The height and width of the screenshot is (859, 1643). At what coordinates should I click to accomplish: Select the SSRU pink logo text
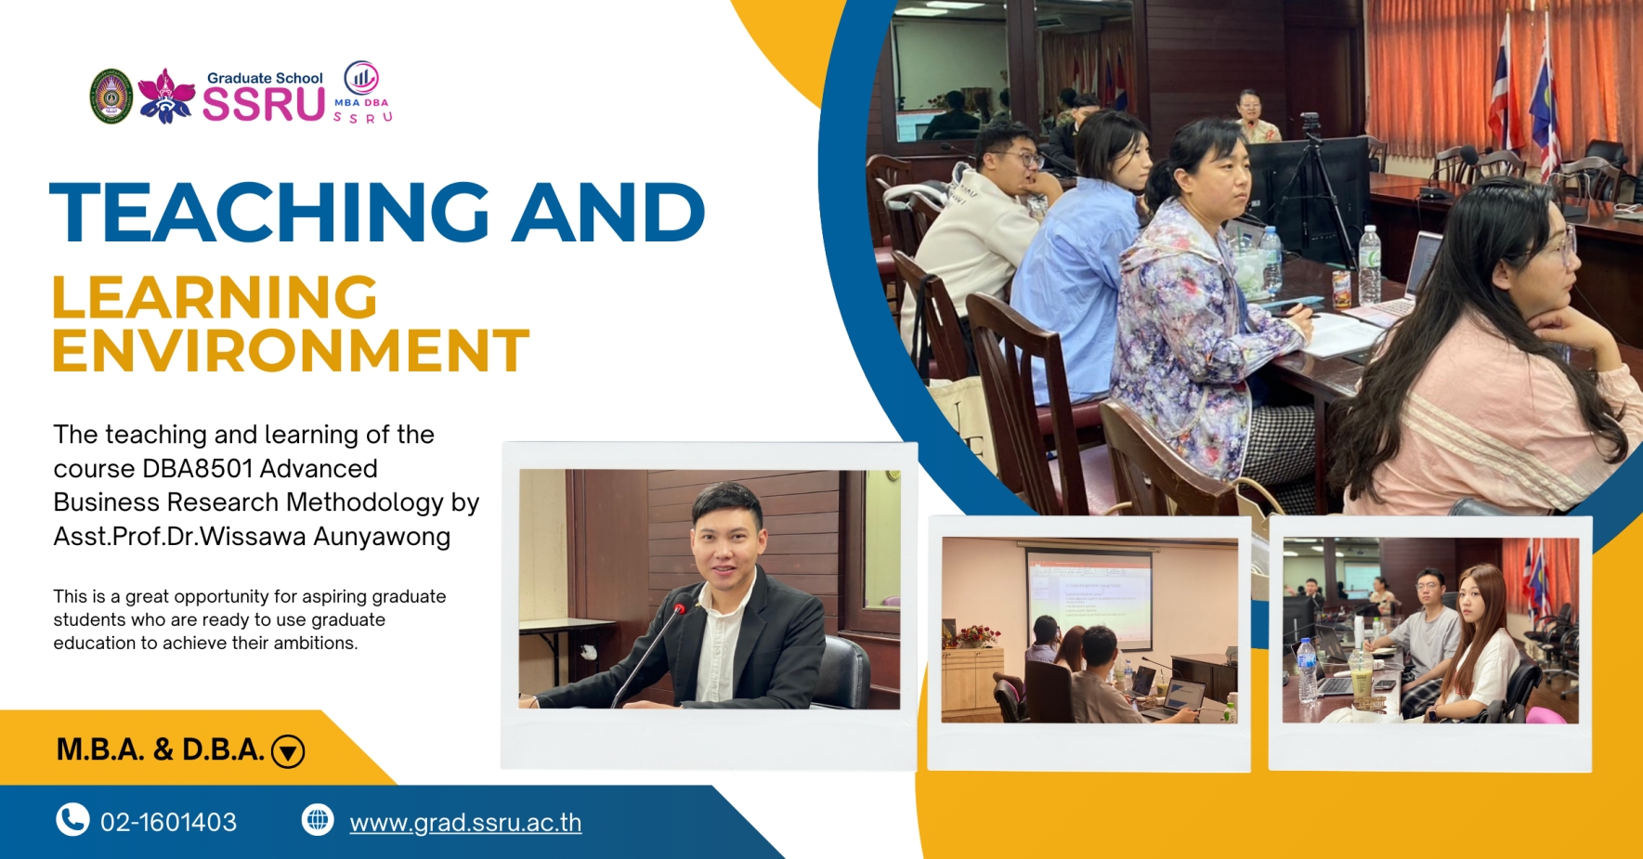[264, 104]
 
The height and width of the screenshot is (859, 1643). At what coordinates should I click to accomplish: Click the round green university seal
[111, 97]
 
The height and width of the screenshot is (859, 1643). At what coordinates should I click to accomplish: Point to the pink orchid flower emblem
[166, 96]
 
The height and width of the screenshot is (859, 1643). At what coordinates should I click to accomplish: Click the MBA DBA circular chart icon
[361, 78]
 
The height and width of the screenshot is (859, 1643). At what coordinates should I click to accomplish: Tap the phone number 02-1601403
[168, 822]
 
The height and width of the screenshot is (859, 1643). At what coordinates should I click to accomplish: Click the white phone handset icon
[72, 820]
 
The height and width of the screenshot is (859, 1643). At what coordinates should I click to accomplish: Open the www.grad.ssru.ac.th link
[465, 823]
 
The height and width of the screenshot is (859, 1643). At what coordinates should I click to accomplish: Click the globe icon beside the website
[318, 820]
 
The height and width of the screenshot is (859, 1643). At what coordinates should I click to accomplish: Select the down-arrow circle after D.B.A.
[288, 751]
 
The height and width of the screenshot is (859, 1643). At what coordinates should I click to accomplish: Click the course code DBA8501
[198, 468]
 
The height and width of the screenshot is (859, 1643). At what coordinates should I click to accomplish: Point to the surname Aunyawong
[382, 537]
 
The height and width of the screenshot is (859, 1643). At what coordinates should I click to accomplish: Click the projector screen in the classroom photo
[1089, 598]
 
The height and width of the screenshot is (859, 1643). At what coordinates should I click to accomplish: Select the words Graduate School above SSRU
[265, 78]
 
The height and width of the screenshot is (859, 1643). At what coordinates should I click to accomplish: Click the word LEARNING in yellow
[215, 297]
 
